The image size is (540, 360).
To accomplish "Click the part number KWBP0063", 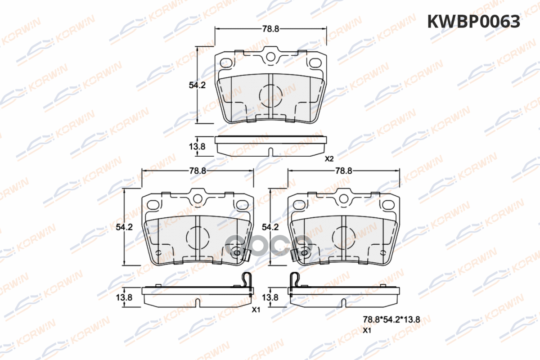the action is pos(473,22).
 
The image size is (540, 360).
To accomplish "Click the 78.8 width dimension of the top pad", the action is pos(271,29).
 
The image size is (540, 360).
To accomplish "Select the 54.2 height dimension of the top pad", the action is pos(197,85).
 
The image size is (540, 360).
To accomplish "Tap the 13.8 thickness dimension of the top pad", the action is pos(197,146).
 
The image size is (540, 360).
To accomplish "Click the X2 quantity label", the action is pos(329,159).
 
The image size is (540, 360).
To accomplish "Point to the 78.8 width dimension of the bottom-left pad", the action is pos(198,171).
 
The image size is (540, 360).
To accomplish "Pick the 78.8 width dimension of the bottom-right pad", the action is pos(344,171).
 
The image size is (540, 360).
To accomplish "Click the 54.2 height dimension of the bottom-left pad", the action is pos(124,227).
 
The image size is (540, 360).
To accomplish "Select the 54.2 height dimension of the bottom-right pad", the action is pos(270,227).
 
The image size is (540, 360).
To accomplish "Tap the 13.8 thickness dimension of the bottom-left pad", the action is pos(124,297).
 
